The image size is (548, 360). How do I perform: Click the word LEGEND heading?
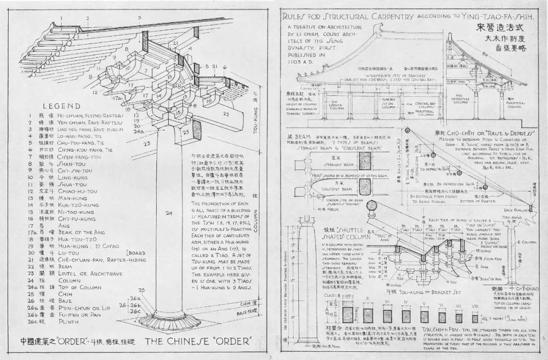coord(61,106)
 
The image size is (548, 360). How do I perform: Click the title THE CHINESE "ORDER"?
coord(195,341)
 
